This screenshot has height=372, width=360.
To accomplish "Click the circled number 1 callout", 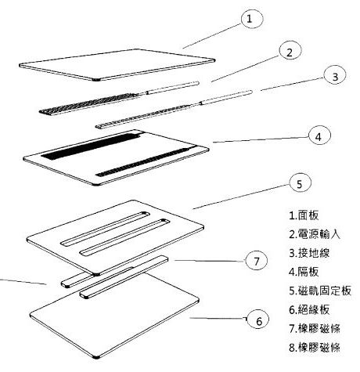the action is pyautogui.click(x=251, y=19).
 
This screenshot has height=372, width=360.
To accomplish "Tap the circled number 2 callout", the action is pyautogui.click(x=290, y=52).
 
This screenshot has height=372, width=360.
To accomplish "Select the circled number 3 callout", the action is pyautogui.click(x=335, y=76).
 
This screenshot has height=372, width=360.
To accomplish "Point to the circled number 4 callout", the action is pyautogui.click(x=319, y=135).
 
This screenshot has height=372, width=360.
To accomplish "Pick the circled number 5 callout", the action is pyautogui.click(x=300, y=183).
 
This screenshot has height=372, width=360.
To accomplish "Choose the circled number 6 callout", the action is pyautogui.click(x=257, y=320).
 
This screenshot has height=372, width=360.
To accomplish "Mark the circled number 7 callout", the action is pyautogui.click(x=257, y=261).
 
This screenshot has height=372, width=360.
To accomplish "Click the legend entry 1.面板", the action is pyautogui.click(x=304, y=215).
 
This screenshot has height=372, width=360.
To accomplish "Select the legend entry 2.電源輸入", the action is pyautogui.click(x=315, y=234).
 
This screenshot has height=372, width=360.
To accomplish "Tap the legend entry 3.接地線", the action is pyautogui.click(x=309, y=253).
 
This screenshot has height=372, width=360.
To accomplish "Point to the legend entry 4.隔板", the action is pyautogui.click(x=304, y=272).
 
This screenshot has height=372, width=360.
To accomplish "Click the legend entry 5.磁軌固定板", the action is pyautogui.click(x=320, y=291).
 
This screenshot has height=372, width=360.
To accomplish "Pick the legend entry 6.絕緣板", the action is pyautogui.click(x=309, y=309).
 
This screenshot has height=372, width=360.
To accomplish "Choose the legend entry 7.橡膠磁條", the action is pyautogui.click(x=315, y=328).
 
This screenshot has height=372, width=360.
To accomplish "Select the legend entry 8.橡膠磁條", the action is pyautogui.click(x=315, y=347).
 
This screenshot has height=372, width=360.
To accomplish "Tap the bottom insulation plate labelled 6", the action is pyautogui.click(x=115, y=313).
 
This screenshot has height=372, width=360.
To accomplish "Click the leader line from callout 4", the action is pyautogui.click(x=261, y=139).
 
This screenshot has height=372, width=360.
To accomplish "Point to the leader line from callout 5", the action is pyautogui.click(x=241, y=197).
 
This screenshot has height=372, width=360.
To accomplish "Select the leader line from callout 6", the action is pyautogui.click(x=218, y=318).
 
